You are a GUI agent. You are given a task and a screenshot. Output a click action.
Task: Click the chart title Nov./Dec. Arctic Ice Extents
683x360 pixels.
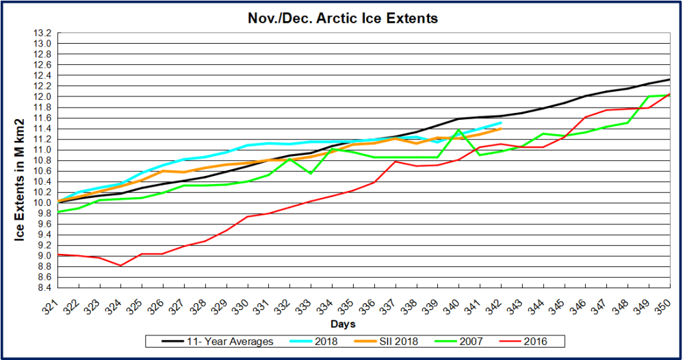pos(342,18)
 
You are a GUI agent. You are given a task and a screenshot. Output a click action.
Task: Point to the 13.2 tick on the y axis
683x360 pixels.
pos(43,33)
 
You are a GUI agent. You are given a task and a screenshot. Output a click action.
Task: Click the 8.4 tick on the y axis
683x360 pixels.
pos(43,287)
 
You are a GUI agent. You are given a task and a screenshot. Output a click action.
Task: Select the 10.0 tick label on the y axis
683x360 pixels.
pos(43,203)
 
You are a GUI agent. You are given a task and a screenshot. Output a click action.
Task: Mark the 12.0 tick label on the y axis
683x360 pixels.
pos(43,97)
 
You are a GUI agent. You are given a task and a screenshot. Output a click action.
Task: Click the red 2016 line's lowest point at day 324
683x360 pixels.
pos(121,266)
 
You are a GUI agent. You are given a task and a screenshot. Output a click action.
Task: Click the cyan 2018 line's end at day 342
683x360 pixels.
pos(501,123)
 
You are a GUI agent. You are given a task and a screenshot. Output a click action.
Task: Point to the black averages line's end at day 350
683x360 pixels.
pos(669,79)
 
